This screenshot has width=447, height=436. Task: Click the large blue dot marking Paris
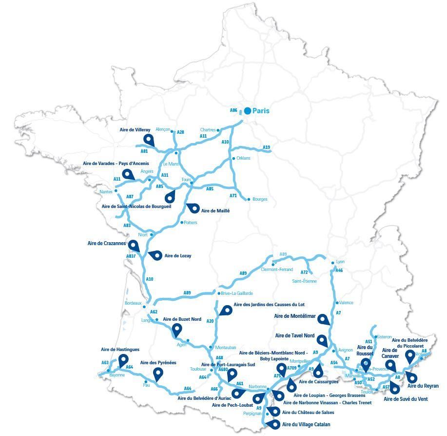click(x=248, y=111)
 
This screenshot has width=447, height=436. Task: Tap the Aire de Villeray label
click(x=136, y=130)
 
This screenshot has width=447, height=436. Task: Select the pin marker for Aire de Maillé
click(x=193, y=208)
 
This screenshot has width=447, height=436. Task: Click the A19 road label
click(x=266, y=147)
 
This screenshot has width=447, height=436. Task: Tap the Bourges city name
click(x=260, y=199)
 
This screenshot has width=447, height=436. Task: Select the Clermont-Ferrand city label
click(x=277, y=270)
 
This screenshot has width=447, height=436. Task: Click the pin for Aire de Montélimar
click(x=323, y=320)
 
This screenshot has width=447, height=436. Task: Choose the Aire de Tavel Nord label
click(x=295, y=335)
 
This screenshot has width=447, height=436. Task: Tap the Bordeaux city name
click(x=133, y=303)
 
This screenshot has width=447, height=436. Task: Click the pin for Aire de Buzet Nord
click(x=177, y=331)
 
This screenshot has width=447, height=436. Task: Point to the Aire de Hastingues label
click(x=120, y=350)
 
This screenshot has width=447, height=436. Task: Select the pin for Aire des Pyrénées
click(x=158, y=374)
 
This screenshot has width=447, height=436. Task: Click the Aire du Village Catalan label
click(x=306, y=425)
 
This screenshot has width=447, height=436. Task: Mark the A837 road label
click(x=131, y=256)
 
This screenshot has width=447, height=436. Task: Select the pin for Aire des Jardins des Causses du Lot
click(x=225, y=311)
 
